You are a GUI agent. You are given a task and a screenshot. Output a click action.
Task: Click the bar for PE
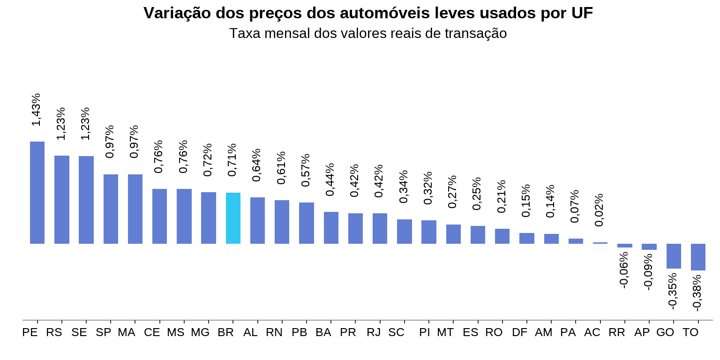point(37,193)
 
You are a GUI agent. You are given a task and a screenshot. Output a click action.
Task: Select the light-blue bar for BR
point(233,218)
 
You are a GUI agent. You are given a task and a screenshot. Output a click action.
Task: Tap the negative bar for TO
point(698,257)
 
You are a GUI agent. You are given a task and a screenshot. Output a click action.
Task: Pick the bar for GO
point(674,256)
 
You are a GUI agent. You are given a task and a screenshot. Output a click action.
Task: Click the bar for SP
point(111,209)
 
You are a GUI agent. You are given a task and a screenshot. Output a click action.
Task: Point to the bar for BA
point(331,228)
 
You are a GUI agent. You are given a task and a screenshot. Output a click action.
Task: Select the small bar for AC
point(600,243)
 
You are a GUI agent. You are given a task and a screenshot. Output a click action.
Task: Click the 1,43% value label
point(37,110)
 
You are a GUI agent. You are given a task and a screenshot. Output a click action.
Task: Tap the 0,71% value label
point(232,160)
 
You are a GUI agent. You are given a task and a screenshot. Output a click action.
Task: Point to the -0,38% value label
point(697,292)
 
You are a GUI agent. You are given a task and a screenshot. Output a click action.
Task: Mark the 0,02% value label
point(599,210)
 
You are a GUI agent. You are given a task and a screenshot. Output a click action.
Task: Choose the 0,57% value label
point(306,170)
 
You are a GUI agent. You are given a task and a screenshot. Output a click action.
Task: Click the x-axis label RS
point(54,332)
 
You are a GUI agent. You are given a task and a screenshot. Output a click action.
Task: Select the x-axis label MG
point(200,332)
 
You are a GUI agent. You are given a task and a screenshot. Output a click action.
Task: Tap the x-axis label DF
point(519,332)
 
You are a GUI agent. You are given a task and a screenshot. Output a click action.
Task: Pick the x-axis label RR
point(617,332)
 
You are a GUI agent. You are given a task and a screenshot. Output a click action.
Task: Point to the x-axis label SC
point(396,332)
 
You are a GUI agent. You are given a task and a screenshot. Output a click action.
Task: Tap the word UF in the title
point(582,13)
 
